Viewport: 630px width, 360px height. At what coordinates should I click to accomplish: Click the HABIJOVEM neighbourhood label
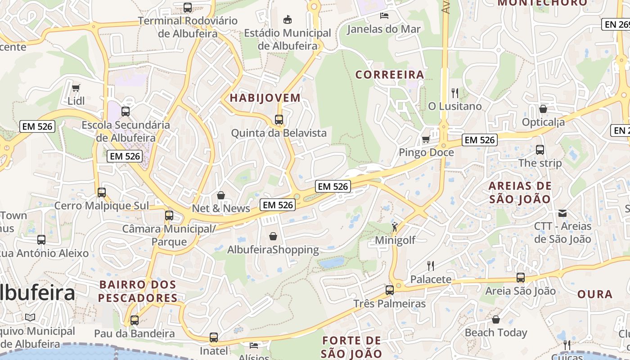[265, 98]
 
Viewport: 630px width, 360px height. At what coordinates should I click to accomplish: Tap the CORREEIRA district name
[390, 74]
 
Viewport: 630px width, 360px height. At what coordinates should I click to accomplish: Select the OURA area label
[595, 294]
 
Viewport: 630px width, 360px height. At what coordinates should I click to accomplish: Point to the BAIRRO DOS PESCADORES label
[138, 291]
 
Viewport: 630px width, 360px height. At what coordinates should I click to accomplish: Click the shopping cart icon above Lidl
[76, 88]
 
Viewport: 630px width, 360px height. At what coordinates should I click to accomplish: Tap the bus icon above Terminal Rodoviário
[188, 8]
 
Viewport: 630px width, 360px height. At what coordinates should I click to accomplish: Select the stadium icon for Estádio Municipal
[287, 19]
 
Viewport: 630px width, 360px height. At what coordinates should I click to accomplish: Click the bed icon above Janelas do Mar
[384, 16]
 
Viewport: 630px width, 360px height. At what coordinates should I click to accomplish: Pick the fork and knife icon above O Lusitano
[455, 93]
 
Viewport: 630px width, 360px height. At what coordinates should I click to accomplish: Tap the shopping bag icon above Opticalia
[543, 109]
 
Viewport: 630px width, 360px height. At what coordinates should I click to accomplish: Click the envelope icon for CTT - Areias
[562, 213]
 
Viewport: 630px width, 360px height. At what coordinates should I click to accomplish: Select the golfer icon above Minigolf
[395, 227]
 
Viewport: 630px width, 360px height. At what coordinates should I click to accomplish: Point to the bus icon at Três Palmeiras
[390, 290]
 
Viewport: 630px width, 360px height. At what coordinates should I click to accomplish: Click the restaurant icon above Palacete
[431, 266]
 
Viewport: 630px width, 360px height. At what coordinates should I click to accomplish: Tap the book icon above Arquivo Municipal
[30, 318]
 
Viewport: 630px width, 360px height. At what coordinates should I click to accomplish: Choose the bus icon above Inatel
[214, 337]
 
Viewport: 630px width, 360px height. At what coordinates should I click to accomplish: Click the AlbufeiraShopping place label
[273, 250]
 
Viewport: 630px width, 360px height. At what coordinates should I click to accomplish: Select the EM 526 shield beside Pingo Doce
[480, 140]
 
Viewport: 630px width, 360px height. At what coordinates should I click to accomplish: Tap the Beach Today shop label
[496, 333]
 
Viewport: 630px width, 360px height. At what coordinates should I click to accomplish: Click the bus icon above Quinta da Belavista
[279, 120]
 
